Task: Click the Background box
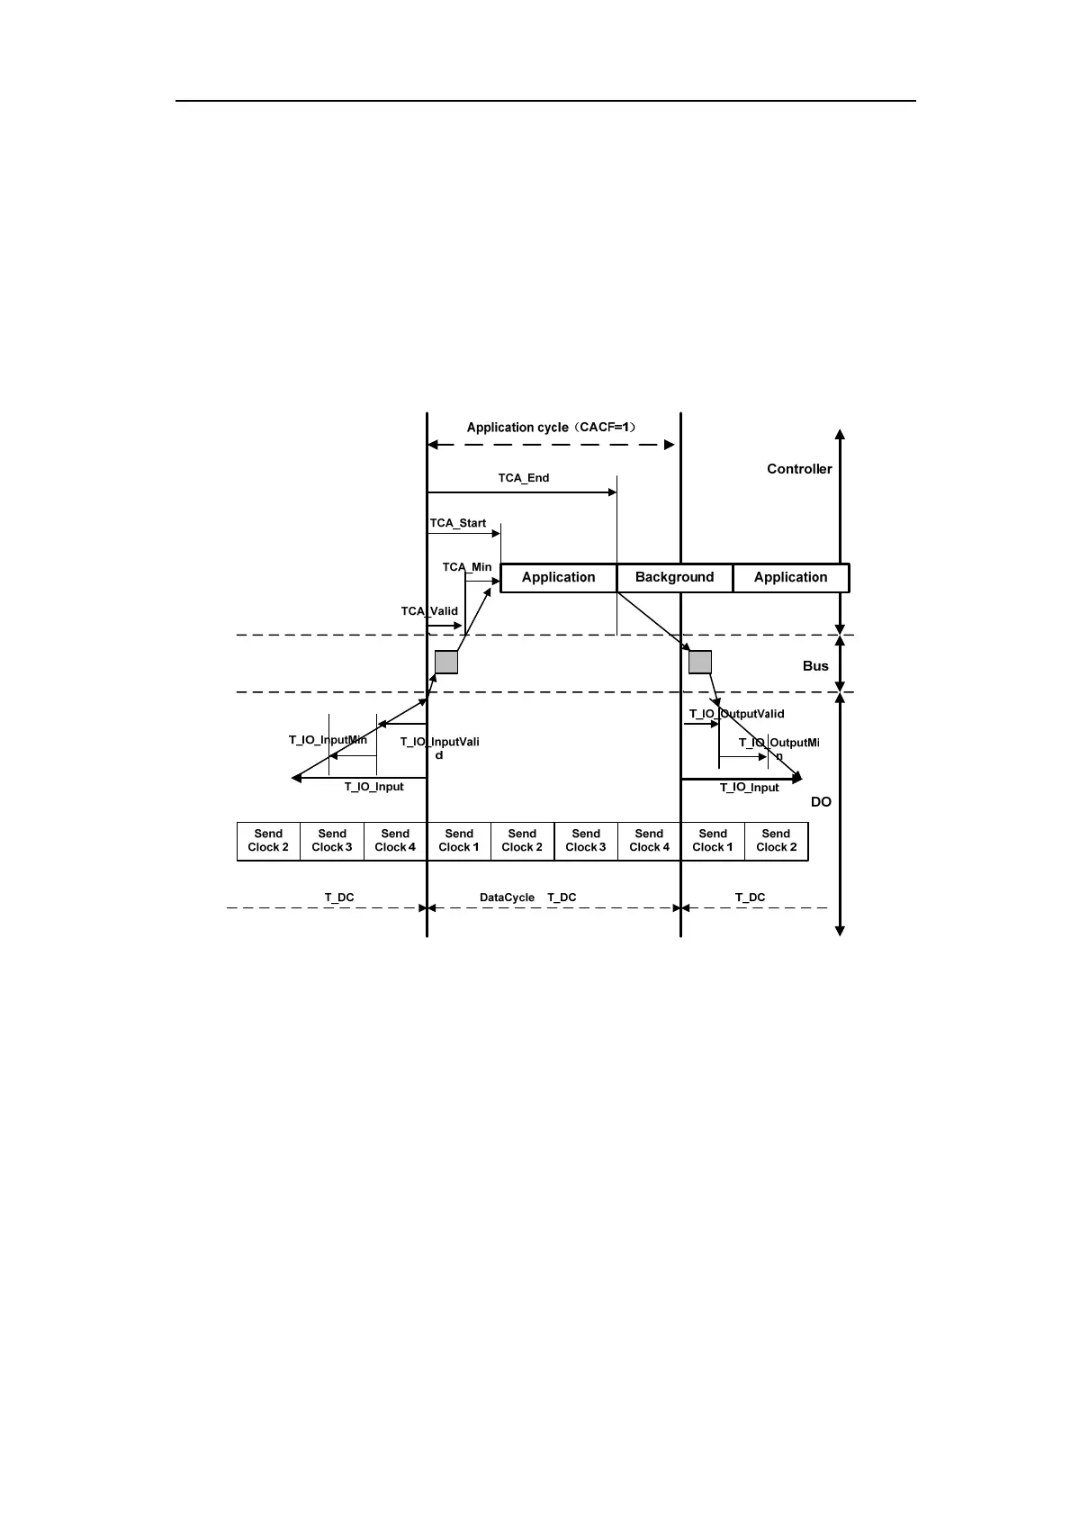click(x=674, y=578)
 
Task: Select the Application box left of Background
click(x=558, y=578)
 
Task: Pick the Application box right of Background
click(x=790, y=578)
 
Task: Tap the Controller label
click(x=799, y=469)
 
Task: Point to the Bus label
click(x=815, y=666)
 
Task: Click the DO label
click(x=821, y=802)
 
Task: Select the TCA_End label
click(x=524, y=478)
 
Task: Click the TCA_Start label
click(x=458, y=523)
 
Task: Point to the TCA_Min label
click(x=467, y=567)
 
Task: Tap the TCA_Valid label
click(x=429, y=611)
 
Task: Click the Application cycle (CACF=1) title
click(x=552, y=428)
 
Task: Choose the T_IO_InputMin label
click(x=328, y=740)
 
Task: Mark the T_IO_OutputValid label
click(x=736, y=714)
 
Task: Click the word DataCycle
click(x=507, y=898)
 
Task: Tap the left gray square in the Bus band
click(x=446, y=663)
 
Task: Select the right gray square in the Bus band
click(x=700, y=663)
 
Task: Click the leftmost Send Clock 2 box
click(x=268, y=841)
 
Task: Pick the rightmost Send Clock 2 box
click(x=776, y=841)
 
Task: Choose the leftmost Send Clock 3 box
click(x=332, y=841)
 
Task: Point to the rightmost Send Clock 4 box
click(x=649, y=841)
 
